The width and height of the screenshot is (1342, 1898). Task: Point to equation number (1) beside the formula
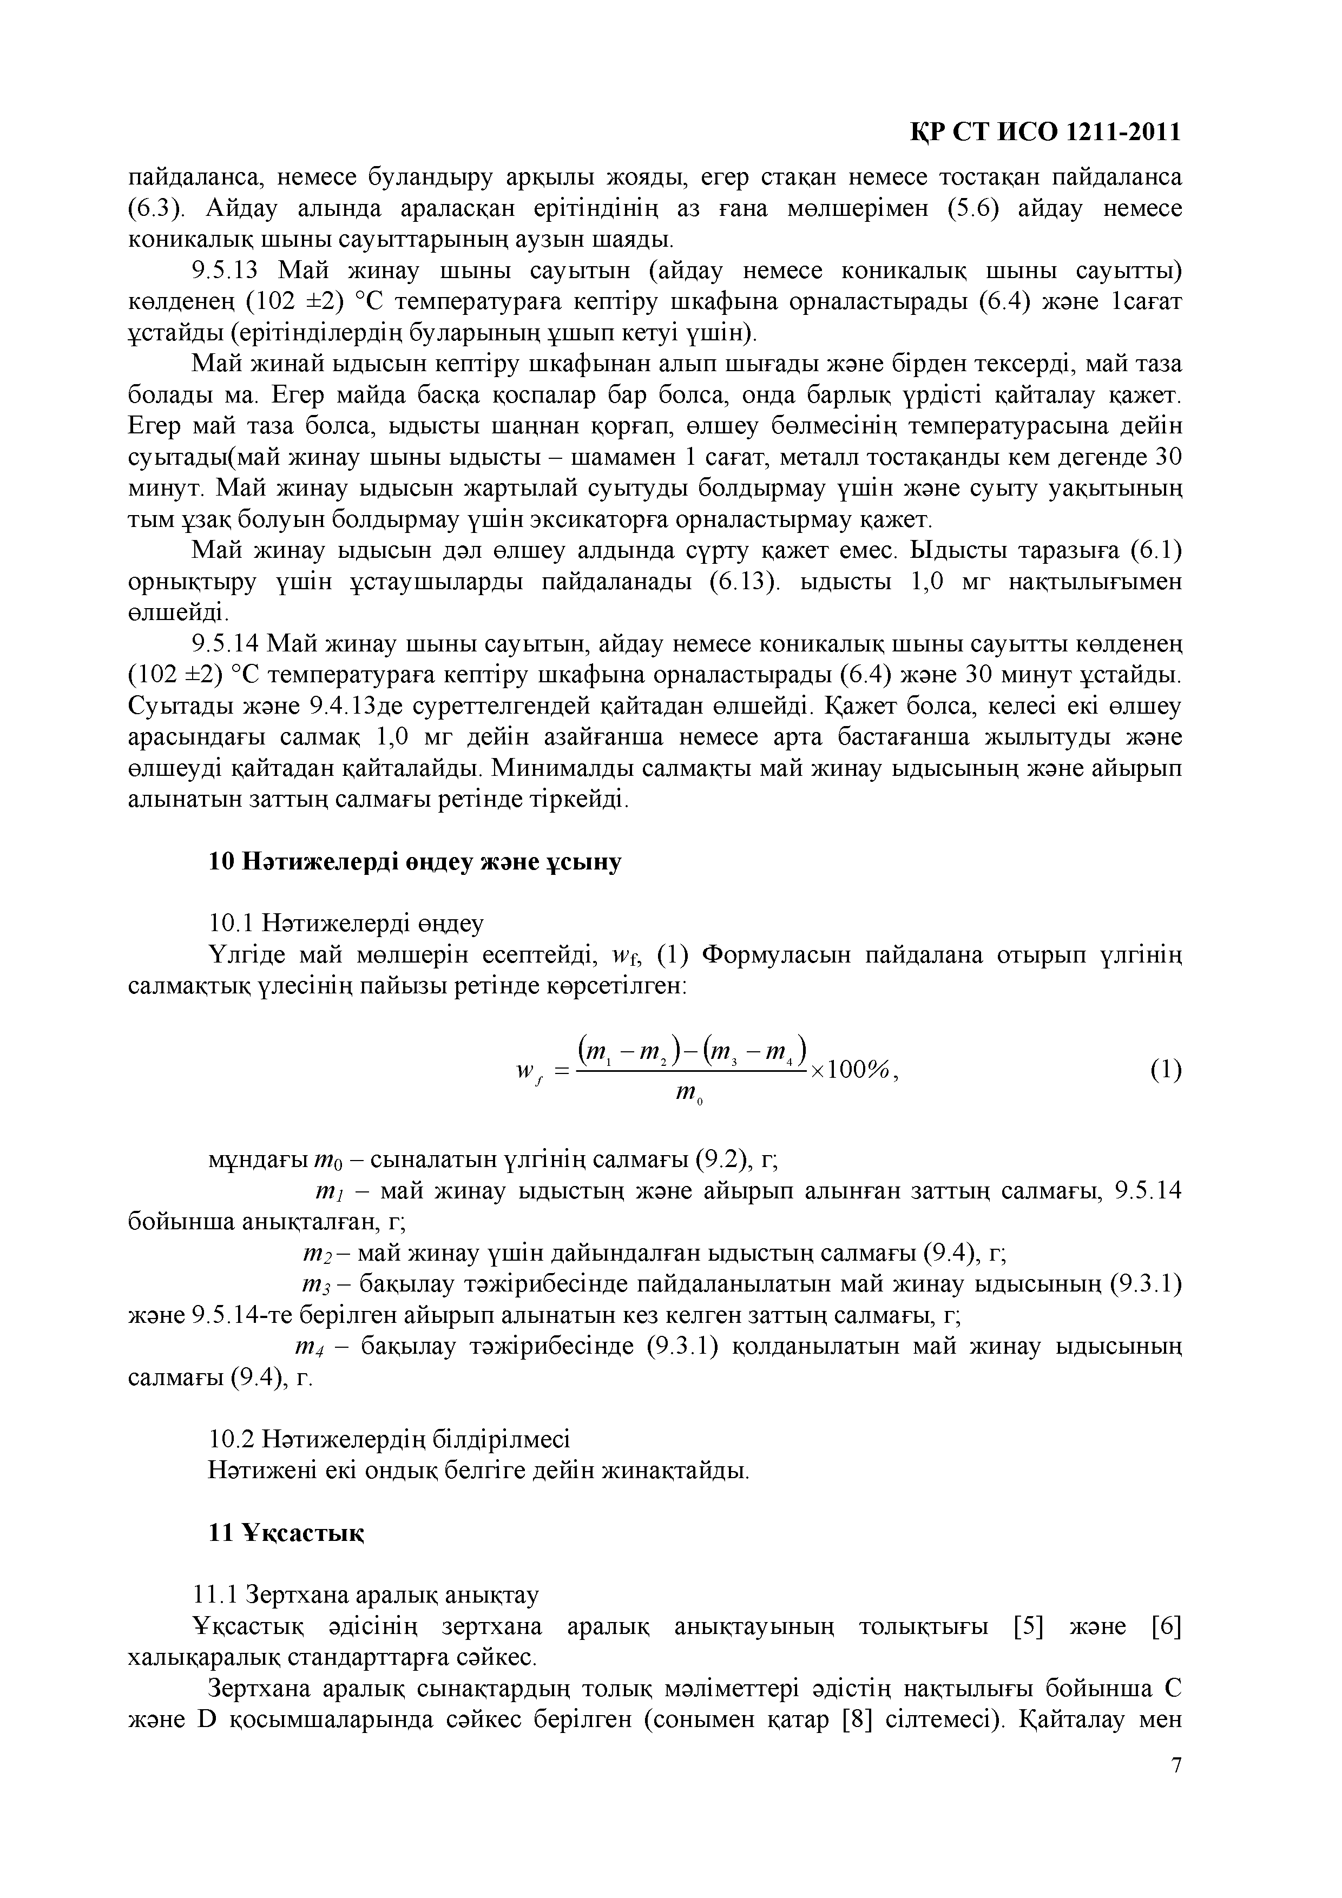pyautogui.click(x=1166, y=1071)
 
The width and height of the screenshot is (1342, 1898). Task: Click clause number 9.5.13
pyautogui.click(x=226, y=271)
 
